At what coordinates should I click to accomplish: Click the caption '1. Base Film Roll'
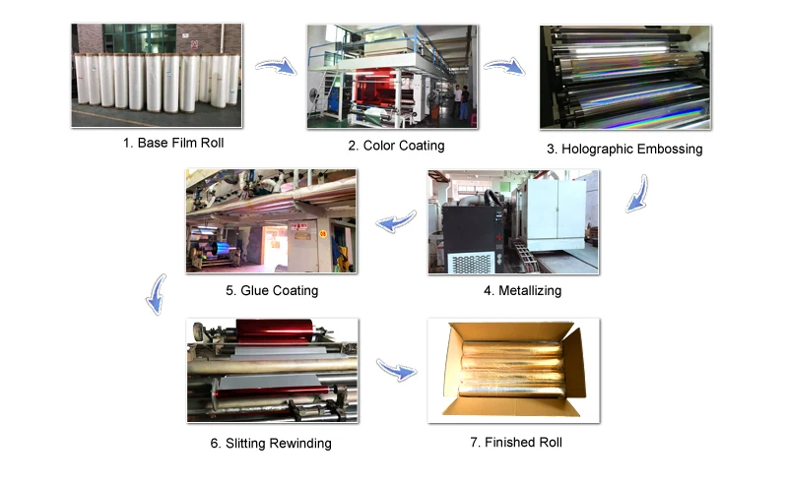pyautogui.click(x=172, y=143)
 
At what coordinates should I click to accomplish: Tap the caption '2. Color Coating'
pyautogui.click(x=396, y=146)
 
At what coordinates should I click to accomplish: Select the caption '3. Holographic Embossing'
pyautogui.click(x=624, y=150)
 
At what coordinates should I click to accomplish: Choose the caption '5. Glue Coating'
pyautogui.click(x=272, y=290)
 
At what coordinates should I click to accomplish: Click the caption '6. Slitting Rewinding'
pyautogui.click(x=271, y=443)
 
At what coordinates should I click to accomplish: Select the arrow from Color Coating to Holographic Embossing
pyautogui.click(x=504, y=66)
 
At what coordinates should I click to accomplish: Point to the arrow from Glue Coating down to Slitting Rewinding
pyautogui.click(x=155, y=294)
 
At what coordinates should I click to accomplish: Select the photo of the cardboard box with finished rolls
pyautogui.click(x=513, y=371)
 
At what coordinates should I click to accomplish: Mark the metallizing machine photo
pyautogui.click(x=512, y=221)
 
